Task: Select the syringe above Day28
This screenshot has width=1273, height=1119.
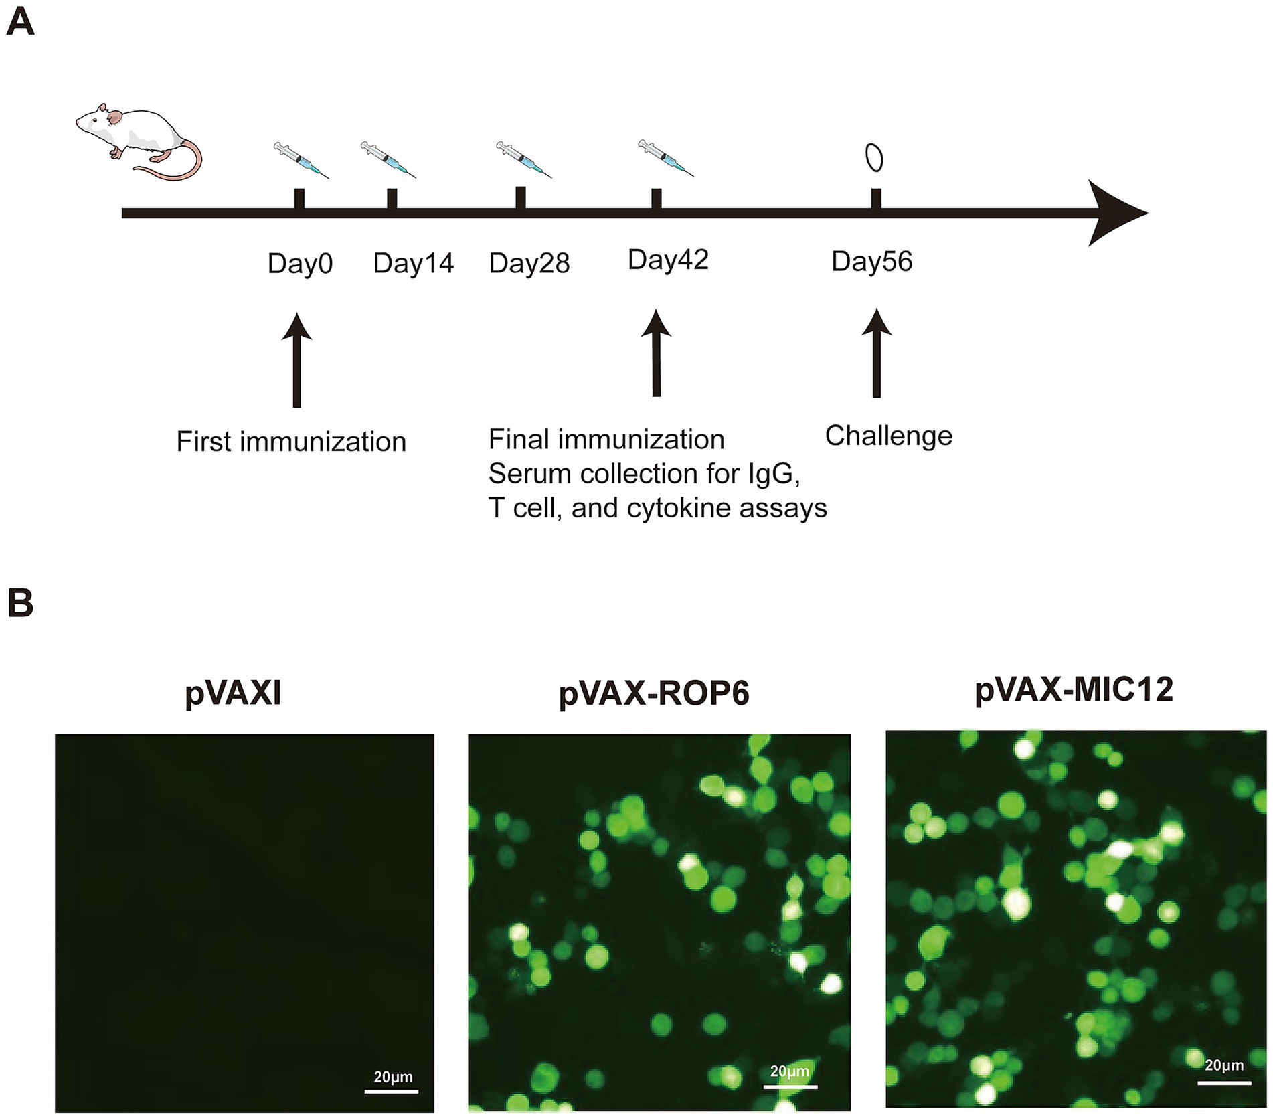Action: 523,159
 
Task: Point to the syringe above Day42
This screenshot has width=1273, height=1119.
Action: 665,158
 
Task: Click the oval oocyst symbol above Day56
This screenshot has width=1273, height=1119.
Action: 874,158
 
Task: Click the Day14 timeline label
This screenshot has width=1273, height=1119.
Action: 414,263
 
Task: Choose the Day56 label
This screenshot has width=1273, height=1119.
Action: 871,262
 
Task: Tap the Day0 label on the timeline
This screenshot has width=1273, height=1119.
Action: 300,264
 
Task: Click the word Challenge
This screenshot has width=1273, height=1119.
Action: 888,436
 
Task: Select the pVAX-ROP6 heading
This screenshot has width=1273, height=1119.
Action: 654,693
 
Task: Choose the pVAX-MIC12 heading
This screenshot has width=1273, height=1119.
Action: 1074,689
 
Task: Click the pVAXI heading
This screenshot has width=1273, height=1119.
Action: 233,693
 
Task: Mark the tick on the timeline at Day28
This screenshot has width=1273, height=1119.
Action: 521,199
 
